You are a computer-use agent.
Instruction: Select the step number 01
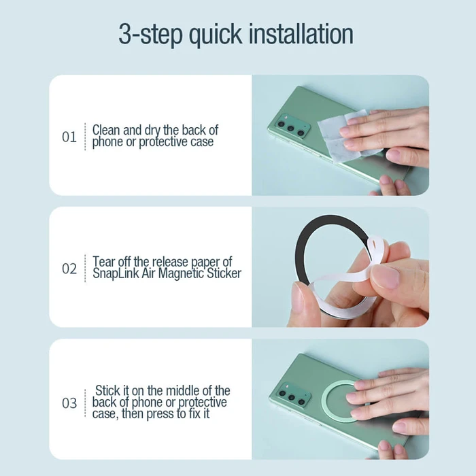click(69, 137)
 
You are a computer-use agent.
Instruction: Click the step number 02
click(69, 269)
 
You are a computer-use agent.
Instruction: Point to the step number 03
click(69, 403)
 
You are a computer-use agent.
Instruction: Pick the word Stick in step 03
click(107, 391)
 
